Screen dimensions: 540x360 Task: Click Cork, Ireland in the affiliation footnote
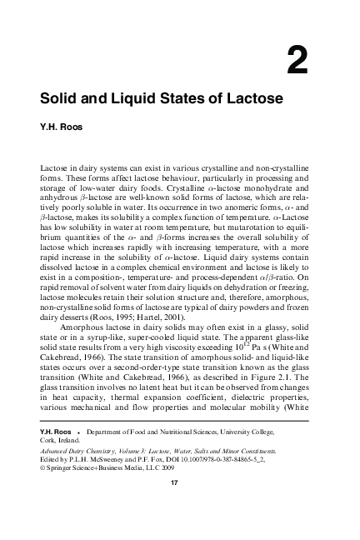point(62,457)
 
